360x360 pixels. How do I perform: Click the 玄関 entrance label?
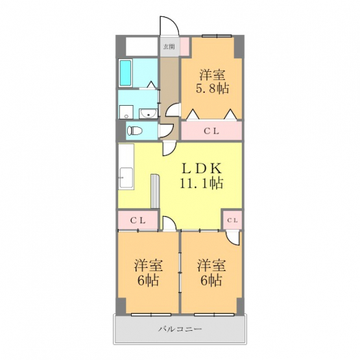(x=169, y=47)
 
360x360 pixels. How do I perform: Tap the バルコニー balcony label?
(x=180, y=330)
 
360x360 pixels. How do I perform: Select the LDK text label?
(x=202, y=169)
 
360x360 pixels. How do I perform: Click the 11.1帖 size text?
(x=201, y=183)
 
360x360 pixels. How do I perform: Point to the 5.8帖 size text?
(x=212, y=88)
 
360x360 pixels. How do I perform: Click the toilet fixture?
(x=135, y=130)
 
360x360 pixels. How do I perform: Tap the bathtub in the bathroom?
(x=126, y=73)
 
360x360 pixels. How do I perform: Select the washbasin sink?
(x=149, y=113)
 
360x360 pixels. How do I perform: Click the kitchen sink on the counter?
(x=126, y=178)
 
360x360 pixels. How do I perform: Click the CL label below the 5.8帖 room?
(x=211, y=131)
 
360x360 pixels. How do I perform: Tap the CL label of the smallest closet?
(x=233, y=221)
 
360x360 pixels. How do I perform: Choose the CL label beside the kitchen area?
(x=138, y=221)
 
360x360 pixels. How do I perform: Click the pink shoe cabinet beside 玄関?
(x=184, y=47)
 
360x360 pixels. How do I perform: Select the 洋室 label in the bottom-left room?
(x=149, y=265)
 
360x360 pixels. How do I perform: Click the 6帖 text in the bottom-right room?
(x=211, y=280)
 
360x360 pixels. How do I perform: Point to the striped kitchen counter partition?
(x=155, y=191)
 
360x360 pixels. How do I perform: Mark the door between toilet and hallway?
(x=167, y=131)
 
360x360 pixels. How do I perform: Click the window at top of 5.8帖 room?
(x=217, y=36)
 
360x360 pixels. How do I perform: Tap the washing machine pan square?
(x=126, y=112)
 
